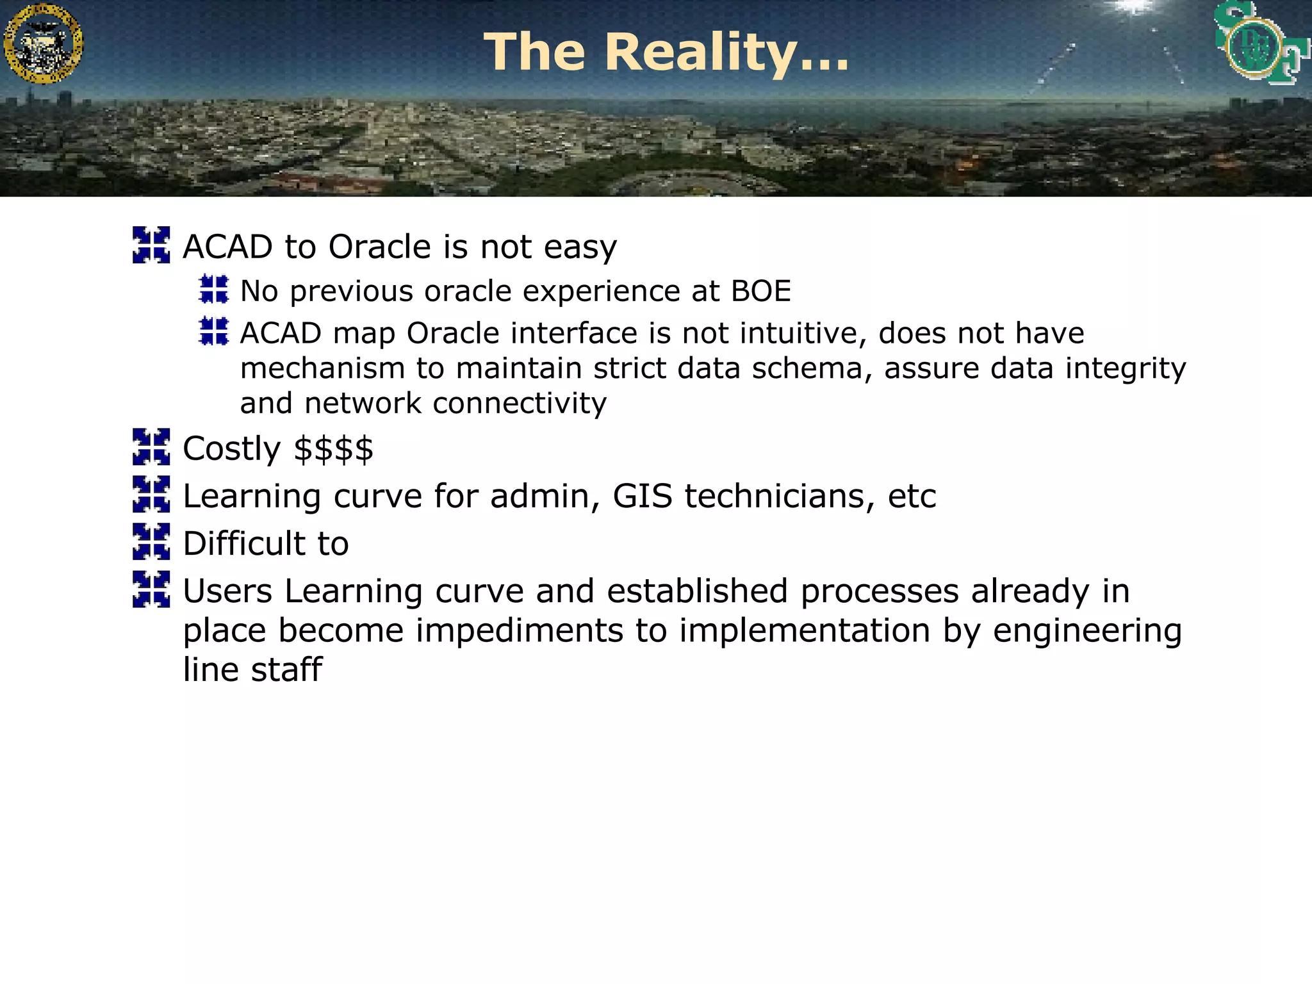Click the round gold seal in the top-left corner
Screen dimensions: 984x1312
pyautogui.click(x=43, y=44)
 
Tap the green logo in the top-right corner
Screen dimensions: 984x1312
pyautogui.click(x=1259, y=44)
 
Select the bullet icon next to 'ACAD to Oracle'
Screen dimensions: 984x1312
pyautogui.click(x=151, y=245)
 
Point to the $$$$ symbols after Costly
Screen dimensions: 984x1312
pyautogui.click(x=333, y=448)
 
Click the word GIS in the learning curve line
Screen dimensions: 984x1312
pyautogui.click(x=643, y=496)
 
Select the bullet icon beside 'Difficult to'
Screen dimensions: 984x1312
pyautogui.click(x=151, y=541)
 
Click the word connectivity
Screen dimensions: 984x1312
pyautogui.click(x=519, y=404)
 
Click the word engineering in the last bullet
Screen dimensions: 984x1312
pyautogui.click(x=1087, y=631)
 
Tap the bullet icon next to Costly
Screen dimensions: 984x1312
pyautogui.click(x=151, y=447)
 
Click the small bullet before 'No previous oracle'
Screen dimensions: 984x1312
pyautogui.click(x=213, y=289)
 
